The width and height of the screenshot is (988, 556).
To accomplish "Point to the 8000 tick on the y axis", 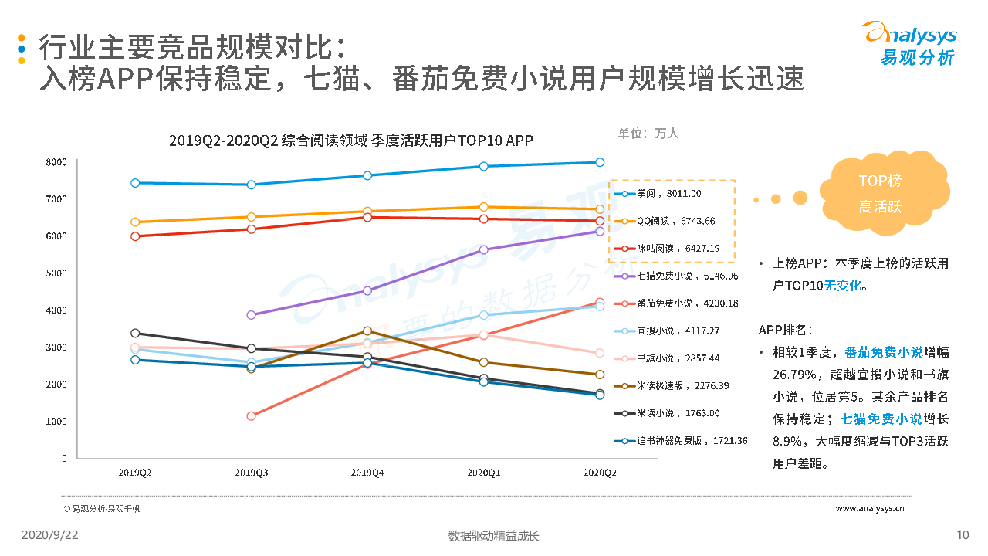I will pos(56,162).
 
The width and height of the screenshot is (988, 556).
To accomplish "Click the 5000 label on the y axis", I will pos(56,273).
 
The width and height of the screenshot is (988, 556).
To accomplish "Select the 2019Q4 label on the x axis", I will pos(367,471).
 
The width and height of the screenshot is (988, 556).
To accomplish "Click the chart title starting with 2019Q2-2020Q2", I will pos(350,140).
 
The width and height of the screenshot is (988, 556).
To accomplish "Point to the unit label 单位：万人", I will pos(648,133).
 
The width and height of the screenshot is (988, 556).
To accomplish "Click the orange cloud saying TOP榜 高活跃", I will pos(880,194).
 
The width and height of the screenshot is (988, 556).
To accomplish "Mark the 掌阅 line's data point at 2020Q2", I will pos(599,162).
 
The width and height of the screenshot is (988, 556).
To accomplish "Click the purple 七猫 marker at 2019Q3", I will pos(251,315).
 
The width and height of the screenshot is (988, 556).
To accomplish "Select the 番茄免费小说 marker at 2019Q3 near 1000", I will pos(251,416).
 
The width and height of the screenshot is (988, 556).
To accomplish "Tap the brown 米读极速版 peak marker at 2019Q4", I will pos(367,331).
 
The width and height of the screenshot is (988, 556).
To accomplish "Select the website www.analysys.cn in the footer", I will pos(870,508).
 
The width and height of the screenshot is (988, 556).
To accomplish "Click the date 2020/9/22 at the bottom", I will pos(49,535).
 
